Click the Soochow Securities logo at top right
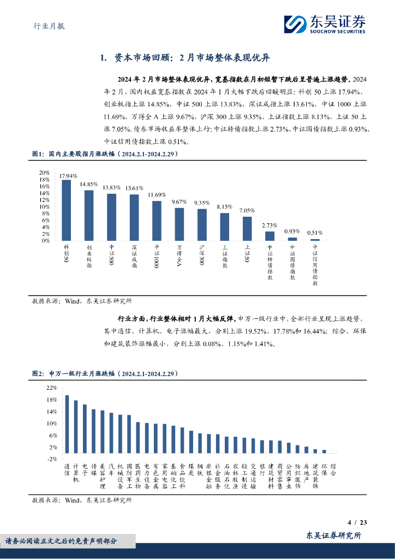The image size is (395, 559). coord(325,25)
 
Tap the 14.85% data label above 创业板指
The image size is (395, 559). coord(89,185)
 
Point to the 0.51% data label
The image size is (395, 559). coord(315,232)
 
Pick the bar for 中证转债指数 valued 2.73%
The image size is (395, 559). coord(270,236)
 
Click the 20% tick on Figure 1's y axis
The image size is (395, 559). coord(44,173)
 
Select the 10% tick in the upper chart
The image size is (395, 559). coord(44,206)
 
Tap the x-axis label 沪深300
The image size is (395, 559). coord(202,255)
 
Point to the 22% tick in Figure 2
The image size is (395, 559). coord(52,388)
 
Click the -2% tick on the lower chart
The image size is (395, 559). coord(52,459)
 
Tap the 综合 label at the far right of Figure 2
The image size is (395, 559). coord(334,469)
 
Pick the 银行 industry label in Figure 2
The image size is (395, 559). coord(262,469)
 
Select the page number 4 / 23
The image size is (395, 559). coord(357,522)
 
